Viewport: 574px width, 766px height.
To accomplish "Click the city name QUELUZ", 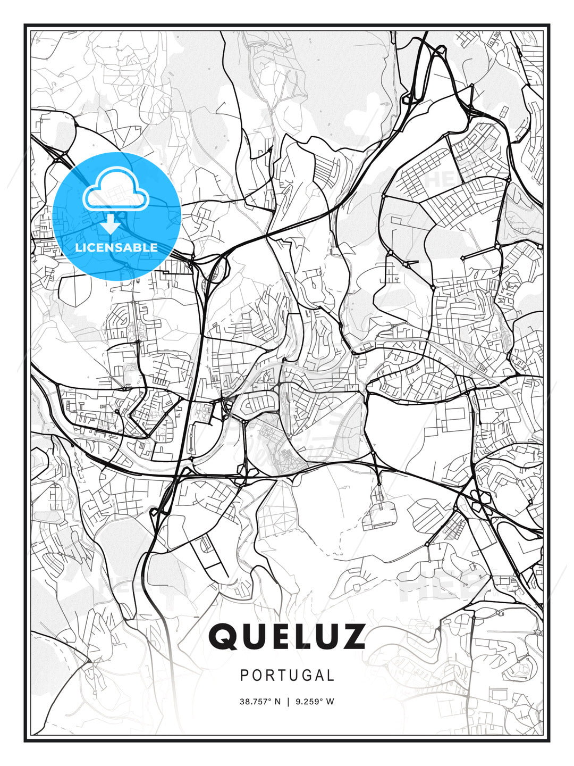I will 287,637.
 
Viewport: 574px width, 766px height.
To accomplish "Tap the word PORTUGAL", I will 287,676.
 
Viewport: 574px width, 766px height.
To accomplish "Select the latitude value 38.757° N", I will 260,702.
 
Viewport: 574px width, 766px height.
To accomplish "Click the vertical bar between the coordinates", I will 288,702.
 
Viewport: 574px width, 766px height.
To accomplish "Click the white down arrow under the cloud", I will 111,224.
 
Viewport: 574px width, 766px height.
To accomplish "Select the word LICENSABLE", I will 116,247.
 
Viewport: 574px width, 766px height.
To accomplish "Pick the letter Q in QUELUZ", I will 223,637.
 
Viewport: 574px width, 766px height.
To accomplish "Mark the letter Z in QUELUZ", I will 352,637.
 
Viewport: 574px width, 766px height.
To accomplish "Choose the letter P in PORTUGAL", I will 244,676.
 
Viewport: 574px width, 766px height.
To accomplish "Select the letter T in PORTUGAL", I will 280,676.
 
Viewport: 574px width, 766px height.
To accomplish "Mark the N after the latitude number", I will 277,702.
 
